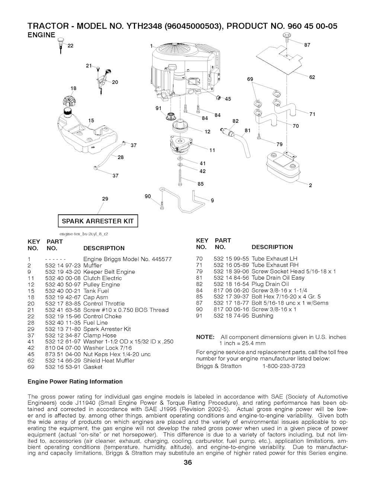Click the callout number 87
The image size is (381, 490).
(x=307, y=45)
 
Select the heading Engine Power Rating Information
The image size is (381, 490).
(x=75, y=381)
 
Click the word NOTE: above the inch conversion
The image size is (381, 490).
(x=205, y=337)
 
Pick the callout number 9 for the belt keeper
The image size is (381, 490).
(x=212, y=200)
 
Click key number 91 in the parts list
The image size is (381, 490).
(x=199, y=316)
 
